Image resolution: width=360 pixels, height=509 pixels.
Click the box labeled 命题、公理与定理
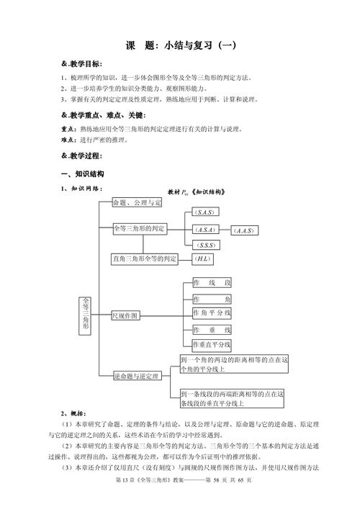(137, 203)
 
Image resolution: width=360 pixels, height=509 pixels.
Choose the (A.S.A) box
(207, 230)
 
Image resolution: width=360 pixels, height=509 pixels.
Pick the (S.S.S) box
(207, 246)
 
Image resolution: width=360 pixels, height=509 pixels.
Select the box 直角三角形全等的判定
(145, 258)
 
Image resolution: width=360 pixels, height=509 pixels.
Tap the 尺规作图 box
(126, 315)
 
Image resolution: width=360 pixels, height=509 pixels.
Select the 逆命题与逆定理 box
(137, 376)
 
